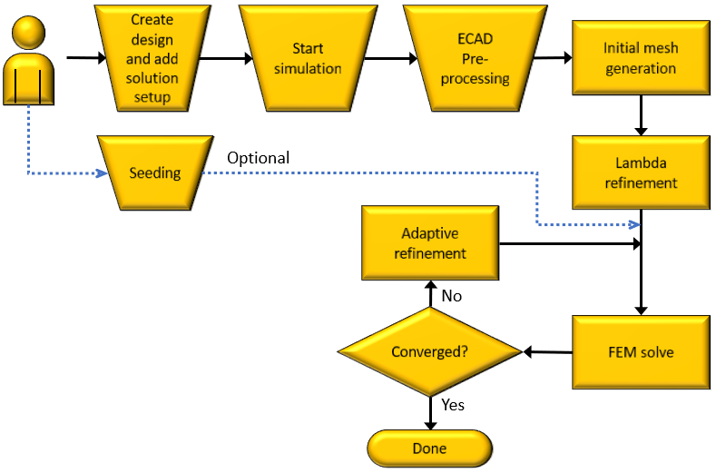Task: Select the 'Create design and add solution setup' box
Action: click(x=152, y=57)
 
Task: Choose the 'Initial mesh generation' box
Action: click(x=640, y=58)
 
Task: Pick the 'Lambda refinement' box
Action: click(x=640, y=172)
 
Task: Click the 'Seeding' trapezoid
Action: click(x=153, y=172)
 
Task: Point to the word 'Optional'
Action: click(x=258, y=158)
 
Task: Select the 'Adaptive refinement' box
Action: click(x=430, y=243)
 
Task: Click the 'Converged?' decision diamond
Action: click(x=429, y=351)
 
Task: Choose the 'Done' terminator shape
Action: click(x=429, y=448)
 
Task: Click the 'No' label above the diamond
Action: click(x=451, y=296)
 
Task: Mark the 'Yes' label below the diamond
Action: click(x=452, y=405)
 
